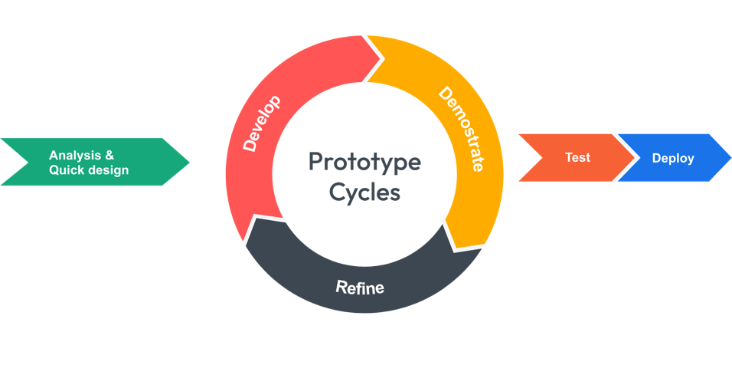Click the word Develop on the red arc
pyautogui.click(x=261, y=123)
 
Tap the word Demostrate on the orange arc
pyautogui.click(x=461, y=129)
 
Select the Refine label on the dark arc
pyautogui.click(x=360, y=288)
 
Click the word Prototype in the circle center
pyautogui.click(x=364, y=163)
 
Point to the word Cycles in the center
pyautogui.click(x=365, y=192)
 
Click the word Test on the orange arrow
pyautogui.click(x=577, y=157)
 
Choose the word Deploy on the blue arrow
pyautogui.click(x=673, y=158)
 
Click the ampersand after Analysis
pyautogui.click(x=109, y=155)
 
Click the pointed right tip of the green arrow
pyautogui.click(x=189, y=162)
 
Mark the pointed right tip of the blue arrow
pyautogui.click(x=730, y=157)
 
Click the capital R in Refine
pyautogui.click(x=341, y=288)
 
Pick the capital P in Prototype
pyautogui.click(x=315, y=163)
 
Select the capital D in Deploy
pyautogui.click(x=656, y=158)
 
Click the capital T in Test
pyautogui.click(x=569, y=157)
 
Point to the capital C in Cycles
pyautogui.click(x=338, y=192)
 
